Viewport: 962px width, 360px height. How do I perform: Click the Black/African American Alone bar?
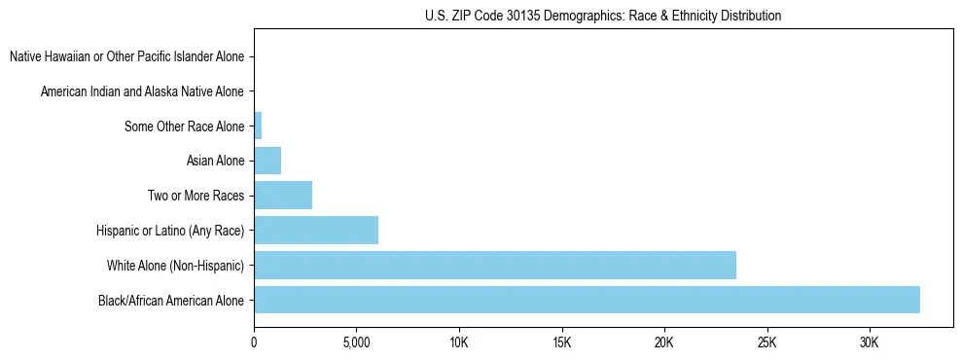(x=587, y=300)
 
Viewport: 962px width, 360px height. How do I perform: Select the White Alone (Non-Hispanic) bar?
(x=494, y=265)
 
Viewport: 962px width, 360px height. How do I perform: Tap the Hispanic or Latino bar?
(x=316, y=230)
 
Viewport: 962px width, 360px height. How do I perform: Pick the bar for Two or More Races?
(x=283, y=195)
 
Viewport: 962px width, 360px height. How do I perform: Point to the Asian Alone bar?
(x=267, y=160)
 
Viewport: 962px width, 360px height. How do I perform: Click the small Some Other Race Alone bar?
(x=258, y=126)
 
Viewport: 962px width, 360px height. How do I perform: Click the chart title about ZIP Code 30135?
(x=603, y=16)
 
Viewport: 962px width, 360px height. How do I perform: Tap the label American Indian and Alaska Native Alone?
(x=142, y=91)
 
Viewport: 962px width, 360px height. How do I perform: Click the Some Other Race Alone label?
(x=184, y=126)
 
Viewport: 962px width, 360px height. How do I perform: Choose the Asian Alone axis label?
(x=215, y=161)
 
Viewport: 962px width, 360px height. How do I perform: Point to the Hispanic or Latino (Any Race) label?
(x=170, y=231)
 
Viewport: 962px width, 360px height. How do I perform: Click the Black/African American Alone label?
(x=171, y=301)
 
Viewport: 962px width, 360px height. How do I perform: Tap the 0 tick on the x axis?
(x=254, y=342)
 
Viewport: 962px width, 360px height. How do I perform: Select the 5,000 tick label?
(x=356, y=342)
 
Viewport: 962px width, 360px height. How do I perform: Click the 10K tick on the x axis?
(x=459, y=342)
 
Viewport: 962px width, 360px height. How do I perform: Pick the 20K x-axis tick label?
(x=664, y=342)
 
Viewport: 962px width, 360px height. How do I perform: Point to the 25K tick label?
(x=766, y=342)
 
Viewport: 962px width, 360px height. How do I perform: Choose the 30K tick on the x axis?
(x=870, y=342)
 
